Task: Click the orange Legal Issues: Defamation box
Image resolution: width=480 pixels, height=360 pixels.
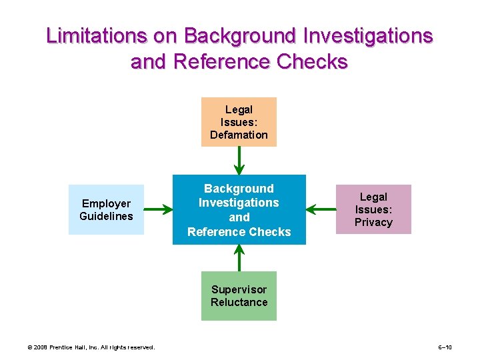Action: [x=239, y=122]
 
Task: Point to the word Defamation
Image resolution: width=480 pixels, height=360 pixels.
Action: [x=239, y=135]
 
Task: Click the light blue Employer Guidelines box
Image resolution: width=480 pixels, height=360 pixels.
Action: [x=106, y=209]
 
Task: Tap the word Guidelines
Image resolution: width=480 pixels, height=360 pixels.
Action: [x=106, y=216]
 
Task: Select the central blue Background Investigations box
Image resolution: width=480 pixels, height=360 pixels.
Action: [x=239, y=209]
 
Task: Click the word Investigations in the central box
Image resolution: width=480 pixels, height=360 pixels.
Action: [x=239, y=203]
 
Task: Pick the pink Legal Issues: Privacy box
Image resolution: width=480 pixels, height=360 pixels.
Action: [x=373, y=209]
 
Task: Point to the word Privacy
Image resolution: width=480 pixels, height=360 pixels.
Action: [x=373, y=222]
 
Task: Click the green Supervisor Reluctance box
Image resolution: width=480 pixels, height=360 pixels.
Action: [x=239, y=296]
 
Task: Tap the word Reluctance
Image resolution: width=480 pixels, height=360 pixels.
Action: [x=239, y=302]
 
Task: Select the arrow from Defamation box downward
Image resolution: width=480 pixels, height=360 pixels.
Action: [x=239, y=161]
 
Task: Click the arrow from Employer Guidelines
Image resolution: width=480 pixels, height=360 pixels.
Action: [x=158, y=210]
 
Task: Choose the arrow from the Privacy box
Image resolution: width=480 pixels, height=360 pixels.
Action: [x=321, y=210]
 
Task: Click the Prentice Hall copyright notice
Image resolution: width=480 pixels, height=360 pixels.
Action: [x=91, y=347]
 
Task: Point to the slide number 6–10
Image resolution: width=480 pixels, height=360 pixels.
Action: [x=445, y=347]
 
